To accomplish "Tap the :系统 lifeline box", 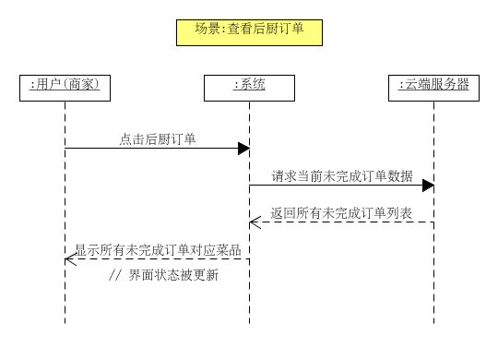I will (249, 86).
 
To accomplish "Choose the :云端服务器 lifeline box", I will (433, 86).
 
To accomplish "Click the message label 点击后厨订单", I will (157, 139).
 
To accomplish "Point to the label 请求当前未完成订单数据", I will (341, 175).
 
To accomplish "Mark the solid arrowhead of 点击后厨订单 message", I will (243, 149).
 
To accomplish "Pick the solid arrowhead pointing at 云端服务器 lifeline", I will (428, 186).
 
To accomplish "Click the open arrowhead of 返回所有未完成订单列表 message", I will (254, 222).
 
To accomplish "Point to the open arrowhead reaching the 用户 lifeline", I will (69, 259).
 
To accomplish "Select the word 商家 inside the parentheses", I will (80, 86).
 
